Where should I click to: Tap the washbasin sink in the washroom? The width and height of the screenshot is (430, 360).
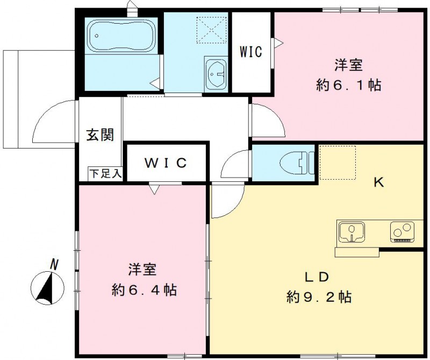coord(217,71)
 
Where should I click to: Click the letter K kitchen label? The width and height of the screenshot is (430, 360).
coord(378,182)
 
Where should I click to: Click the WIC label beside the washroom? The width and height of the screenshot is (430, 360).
coord(250,52)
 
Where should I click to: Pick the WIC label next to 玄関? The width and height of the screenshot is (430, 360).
coord(165,163)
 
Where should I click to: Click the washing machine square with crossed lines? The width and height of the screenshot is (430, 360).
coord(211,30)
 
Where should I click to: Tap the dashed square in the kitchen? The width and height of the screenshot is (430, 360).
coord(338,162)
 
